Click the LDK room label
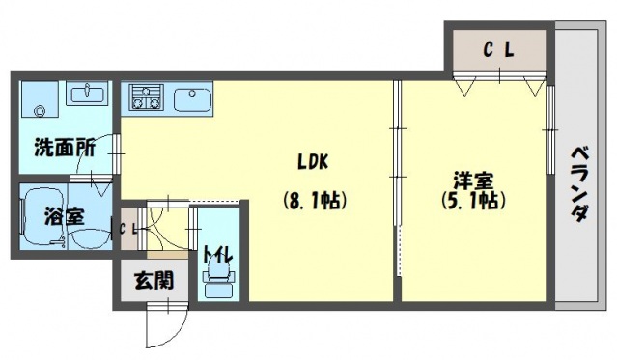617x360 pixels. (x=313, y=162)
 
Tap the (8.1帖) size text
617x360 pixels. (x=315, y=201)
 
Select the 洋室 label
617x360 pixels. (x=473, y=181)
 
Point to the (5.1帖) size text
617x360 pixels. (x=473, y=201)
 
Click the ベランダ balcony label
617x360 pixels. (x=579, y=184)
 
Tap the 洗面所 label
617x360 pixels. (x=65, y=148)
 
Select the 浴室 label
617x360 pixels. (x=64, y=217)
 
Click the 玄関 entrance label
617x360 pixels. (x=154, y=281)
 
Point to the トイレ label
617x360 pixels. (x=217, y=256)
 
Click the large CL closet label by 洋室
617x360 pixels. (x=498, y=50)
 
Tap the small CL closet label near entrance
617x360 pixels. (x=127, y=230)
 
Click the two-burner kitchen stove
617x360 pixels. (x=146, y=97)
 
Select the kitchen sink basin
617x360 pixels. (x=192, y=100)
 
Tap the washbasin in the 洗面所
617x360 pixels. (x=87, y=94)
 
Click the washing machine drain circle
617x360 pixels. (x=40, y=111)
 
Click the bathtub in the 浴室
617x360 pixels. (x=44, y=217)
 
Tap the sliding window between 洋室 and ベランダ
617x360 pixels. (x=550, y=129)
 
